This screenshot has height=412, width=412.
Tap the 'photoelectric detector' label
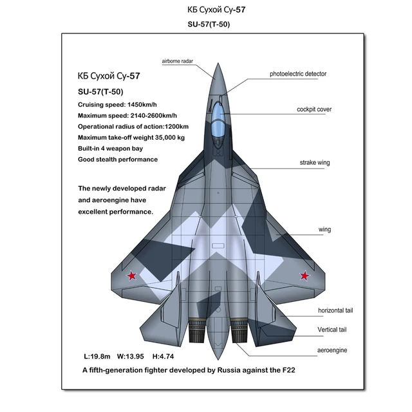click(297, 74)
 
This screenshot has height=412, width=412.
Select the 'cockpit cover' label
click(314, 109)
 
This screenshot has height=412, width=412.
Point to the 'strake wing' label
click(314, 163)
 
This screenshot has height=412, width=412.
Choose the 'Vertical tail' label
click(332, 330)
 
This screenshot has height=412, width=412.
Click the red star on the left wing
click(131, 276)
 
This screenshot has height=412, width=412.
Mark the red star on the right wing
click(303, 277)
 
